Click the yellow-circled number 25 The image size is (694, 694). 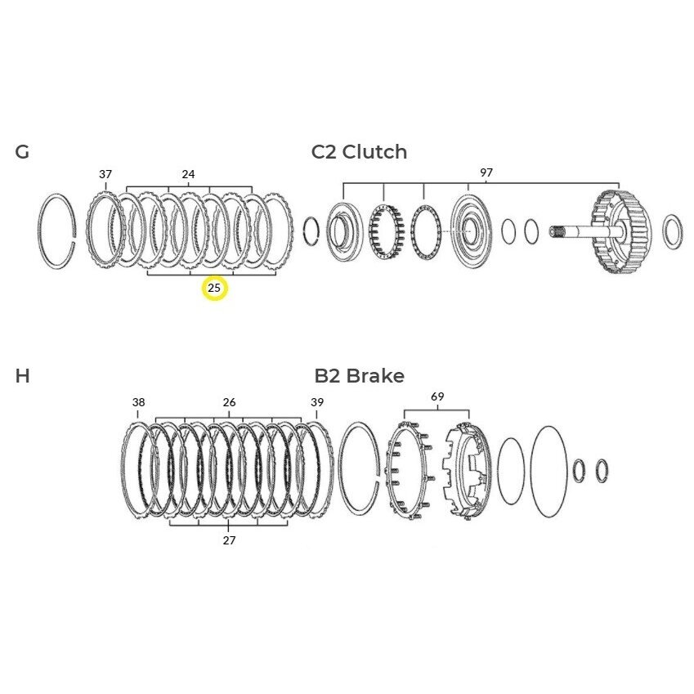[214, 288]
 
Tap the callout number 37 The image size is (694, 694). [105, 174]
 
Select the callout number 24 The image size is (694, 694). [188, 174]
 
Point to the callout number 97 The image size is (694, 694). [486, 172]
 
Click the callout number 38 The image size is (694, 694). [138, 402]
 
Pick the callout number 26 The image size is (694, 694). [229, 402]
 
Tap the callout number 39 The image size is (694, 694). [317, 402]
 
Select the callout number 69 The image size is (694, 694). [437, 396]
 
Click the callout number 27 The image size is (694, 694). [229, 540]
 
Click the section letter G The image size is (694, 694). [22, 152]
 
